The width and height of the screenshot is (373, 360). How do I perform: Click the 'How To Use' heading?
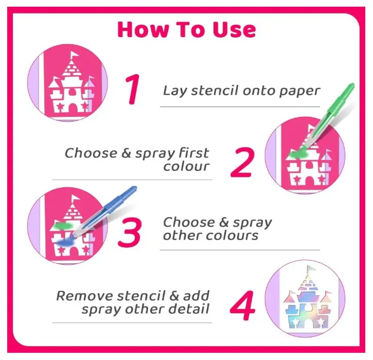[x=186, y=29]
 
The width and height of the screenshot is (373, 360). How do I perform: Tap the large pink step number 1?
[x=133, y=89]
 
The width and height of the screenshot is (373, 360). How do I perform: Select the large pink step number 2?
[x=242, y=162]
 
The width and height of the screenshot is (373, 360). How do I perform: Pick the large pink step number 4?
[x=242, y=305]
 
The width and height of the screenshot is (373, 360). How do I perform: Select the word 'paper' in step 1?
[x=299, y=92]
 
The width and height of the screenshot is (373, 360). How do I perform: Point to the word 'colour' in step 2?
[x=186, y=166]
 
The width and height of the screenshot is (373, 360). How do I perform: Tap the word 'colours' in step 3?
[x=232, y=236]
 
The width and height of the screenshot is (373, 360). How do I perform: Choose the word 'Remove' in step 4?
[x=84, y=296]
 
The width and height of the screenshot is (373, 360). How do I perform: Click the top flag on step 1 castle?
[x=75, y=55]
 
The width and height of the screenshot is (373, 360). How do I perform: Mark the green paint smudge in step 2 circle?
[x=298, y=154]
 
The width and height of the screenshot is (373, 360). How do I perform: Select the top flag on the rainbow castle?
[x=311, y=269]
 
